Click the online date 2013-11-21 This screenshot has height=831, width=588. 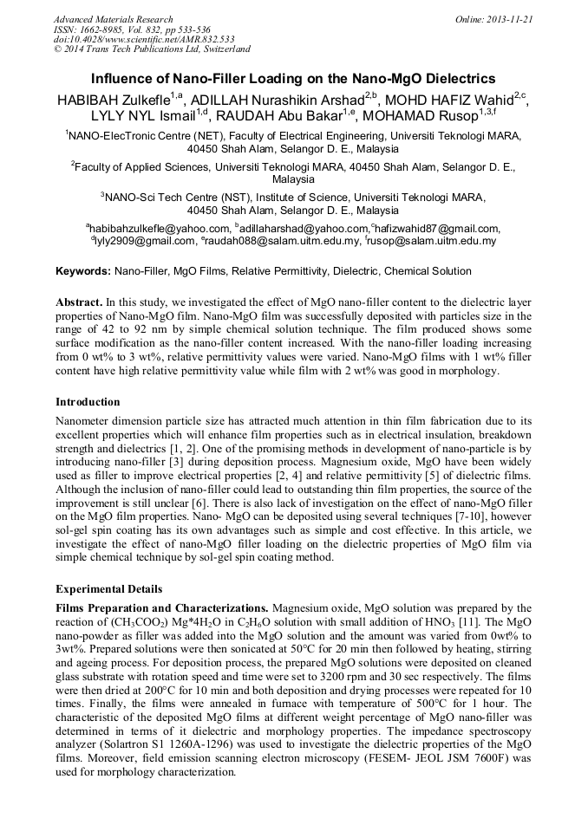[507, 19]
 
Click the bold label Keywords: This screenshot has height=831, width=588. [82, 271]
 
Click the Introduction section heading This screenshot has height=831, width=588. [88, 402]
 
